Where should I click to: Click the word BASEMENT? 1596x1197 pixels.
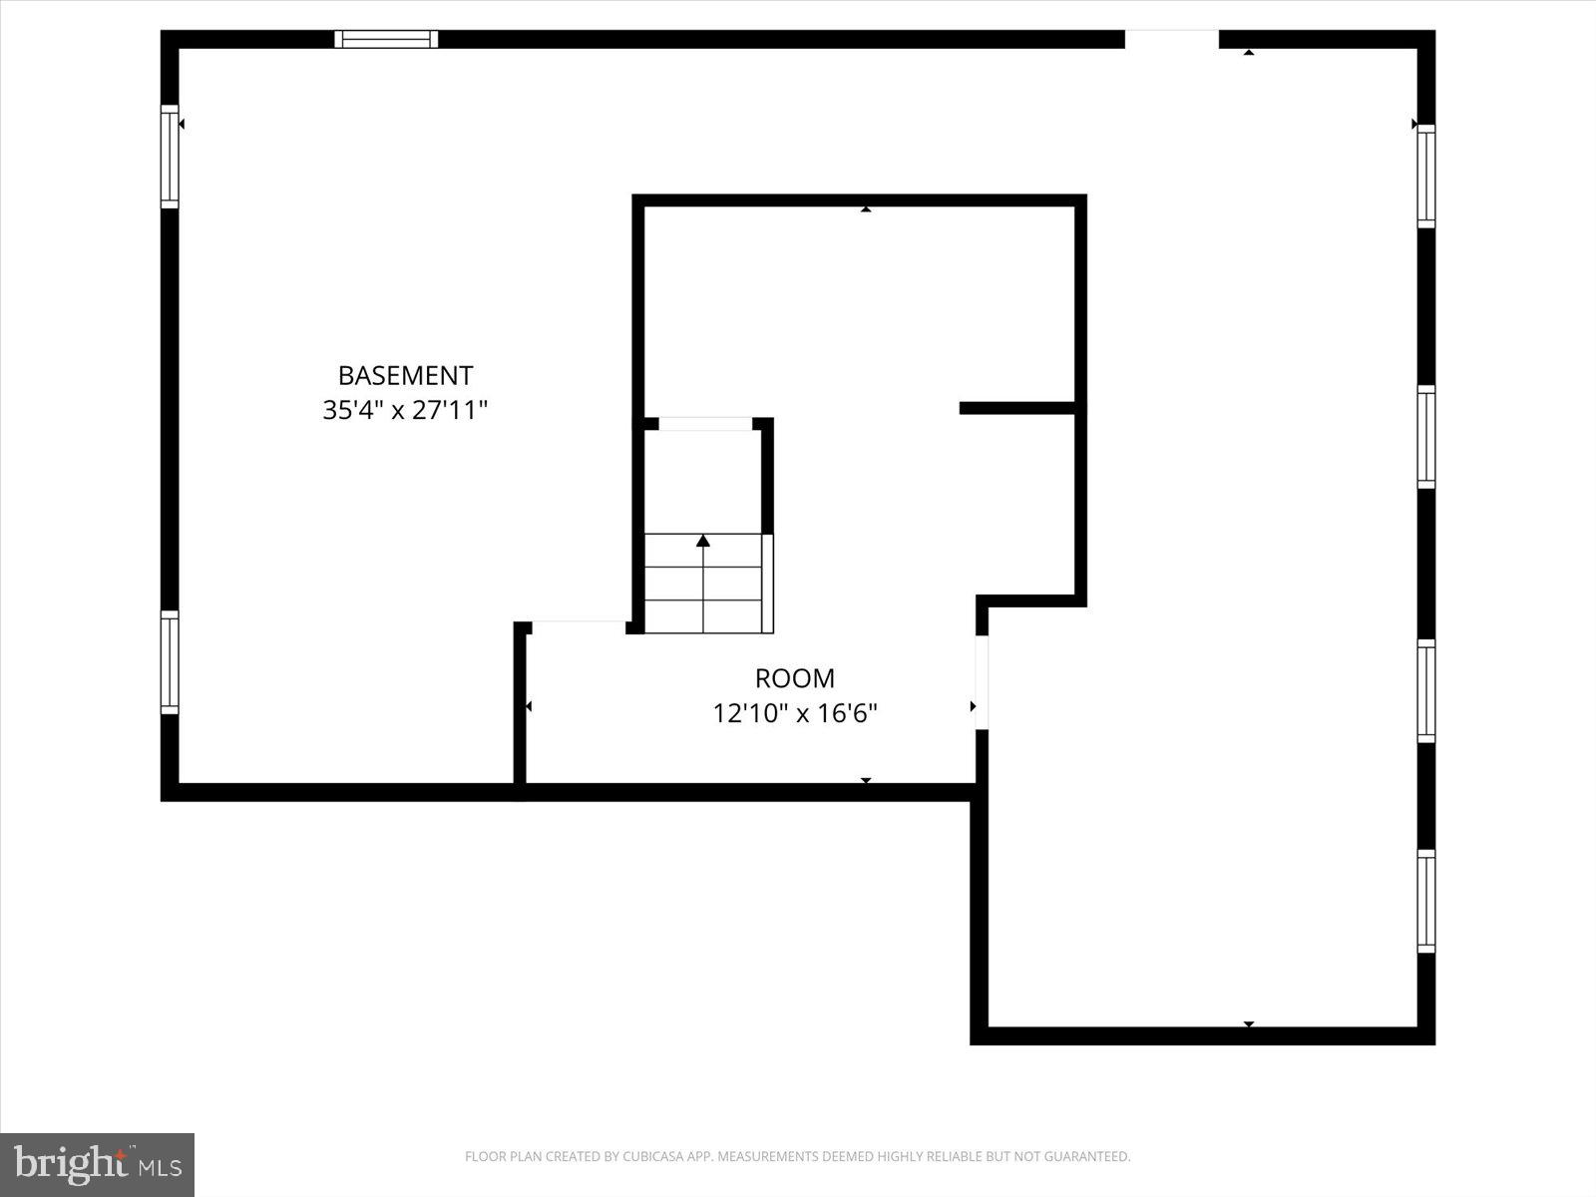[405, 376]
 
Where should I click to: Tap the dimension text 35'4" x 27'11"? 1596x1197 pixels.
[405, 410]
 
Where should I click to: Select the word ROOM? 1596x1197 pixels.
[794, 678]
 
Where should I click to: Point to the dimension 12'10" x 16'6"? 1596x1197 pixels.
[794, 713]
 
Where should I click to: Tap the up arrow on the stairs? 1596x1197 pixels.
[703, 541]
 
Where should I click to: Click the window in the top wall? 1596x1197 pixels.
[386, 39]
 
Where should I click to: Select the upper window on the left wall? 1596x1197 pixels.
[170, 157]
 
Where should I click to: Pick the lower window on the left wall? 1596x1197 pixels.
[170, 662]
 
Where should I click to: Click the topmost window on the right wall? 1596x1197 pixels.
[1426, 177]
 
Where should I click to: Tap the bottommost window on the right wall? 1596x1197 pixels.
[1426, 902]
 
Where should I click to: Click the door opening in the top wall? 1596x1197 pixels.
[1172, 39]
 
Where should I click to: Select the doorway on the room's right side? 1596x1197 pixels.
[982, 682]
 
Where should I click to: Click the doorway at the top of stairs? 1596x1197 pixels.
[705, 424]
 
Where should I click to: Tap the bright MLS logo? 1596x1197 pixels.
[97, 1164]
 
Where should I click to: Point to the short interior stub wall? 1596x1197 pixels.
[1016, 407]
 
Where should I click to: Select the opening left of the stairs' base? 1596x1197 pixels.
[579, 627]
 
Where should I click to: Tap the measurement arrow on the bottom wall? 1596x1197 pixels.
[1248, 1024]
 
